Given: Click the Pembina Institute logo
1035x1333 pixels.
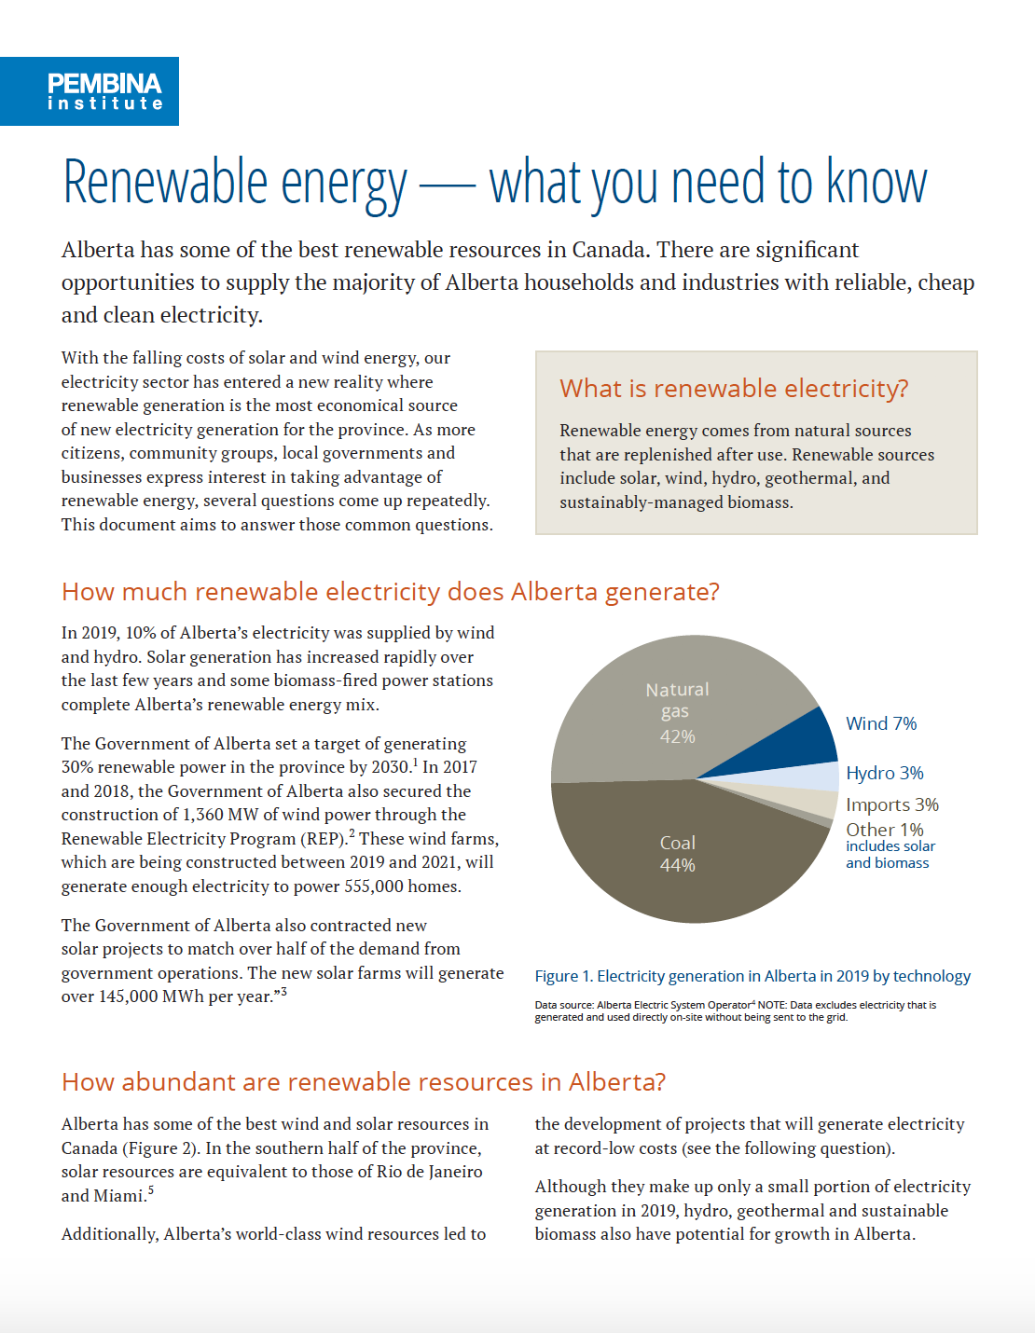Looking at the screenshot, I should [x=90, y=91].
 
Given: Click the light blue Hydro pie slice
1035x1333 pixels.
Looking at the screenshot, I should [x=816, y=776].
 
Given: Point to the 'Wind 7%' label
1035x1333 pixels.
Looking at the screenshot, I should [x=881, y=723].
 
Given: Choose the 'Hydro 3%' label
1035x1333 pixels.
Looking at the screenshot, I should [x=884, y=773].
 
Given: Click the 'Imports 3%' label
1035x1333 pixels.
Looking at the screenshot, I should [x=891, y=804].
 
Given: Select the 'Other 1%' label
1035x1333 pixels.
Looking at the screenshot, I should [x=884, y=830].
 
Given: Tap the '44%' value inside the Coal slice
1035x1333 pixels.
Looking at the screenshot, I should [x=677, y=865].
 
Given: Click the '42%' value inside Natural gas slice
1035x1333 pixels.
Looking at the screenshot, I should [x=677, y=736].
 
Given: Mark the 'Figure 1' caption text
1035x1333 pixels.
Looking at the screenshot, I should [x=752, y=976].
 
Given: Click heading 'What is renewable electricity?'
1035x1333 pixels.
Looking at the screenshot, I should [x=734, y=389].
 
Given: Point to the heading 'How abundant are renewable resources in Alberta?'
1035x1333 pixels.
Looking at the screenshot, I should [x=364, y=1082].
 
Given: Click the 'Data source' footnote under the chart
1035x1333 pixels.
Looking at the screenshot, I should [x=735, y=1010].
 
